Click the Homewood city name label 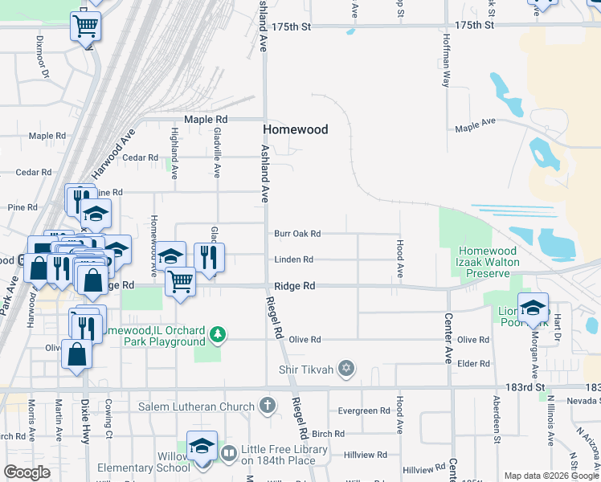[x=296, y=129]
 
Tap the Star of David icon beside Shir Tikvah [x=346, y=369]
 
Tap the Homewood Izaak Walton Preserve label [x=488, y=263]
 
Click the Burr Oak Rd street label [x=296, y=234]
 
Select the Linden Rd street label [x=293, y=259]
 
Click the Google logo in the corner [x=27, y=472]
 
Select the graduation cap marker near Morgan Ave [x=533, y=307]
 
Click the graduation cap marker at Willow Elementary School [x=202, y=446]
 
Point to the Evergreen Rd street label [x=364, y=411]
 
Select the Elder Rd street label [x=473, y=364]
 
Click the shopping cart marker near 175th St [x=85, y=26]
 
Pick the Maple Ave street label [x=475, y=126]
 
